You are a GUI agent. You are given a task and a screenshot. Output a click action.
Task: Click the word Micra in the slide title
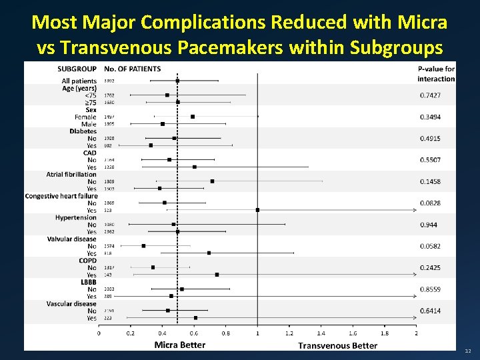point(423,23)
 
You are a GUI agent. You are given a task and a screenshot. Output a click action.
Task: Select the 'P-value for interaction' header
point(436,73)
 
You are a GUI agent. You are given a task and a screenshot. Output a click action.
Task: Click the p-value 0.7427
point(430,95)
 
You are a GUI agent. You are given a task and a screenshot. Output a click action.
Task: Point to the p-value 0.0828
point(430,203)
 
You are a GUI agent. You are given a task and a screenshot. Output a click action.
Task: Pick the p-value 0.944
point(429,225)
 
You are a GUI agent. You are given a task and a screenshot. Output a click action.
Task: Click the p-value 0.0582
point(430,246)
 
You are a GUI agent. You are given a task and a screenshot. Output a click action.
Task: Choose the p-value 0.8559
point(430,289)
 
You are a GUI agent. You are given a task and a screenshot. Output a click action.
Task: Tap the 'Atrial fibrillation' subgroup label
point(71,174)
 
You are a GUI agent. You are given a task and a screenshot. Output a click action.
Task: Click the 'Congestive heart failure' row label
point(61,196)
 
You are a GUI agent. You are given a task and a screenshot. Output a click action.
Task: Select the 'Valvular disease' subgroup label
point(72,239)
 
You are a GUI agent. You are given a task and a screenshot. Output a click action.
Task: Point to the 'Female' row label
point(85,117)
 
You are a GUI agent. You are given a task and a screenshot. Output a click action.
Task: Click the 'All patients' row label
point(79,81)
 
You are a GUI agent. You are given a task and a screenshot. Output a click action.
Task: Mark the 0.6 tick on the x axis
point(194,333)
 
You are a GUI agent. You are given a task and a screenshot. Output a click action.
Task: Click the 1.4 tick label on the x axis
point(321,333)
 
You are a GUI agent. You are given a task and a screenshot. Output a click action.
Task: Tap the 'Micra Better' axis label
point(180,345)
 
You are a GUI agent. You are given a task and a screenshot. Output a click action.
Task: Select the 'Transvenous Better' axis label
point(337,345)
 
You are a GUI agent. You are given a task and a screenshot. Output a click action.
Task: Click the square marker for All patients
point(177,81)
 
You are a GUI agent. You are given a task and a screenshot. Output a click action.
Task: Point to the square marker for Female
point(193,117)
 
